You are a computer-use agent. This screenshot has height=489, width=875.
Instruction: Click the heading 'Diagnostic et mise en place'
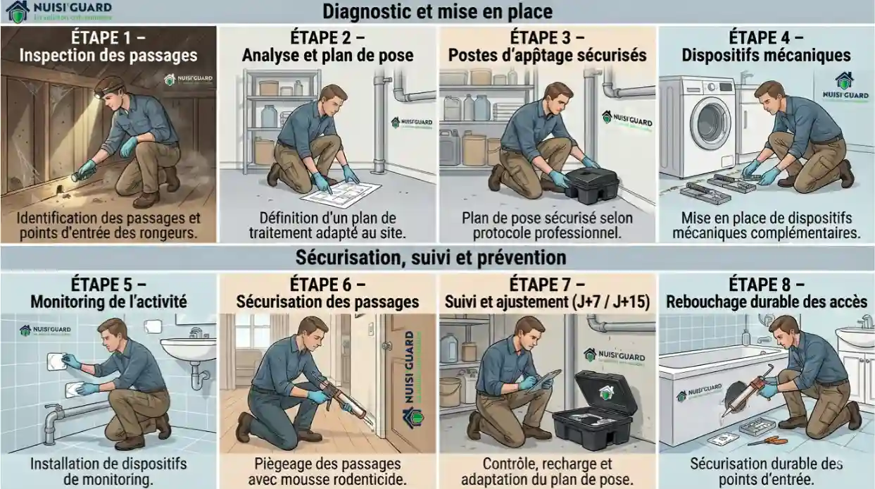(436, 12)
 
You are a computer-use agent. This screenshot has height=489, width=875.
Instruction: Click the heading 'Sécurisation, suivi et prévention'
(436, 256)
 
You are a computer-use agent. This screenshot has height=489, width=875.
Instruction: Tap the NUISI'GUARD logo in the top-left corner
(56, 11)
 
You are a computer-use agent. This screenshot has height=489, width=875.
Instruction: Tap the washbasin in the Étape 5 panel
(188, 347)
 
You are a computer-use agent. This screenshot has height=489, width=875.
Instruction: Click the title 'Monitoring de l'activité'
(108, 302)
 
